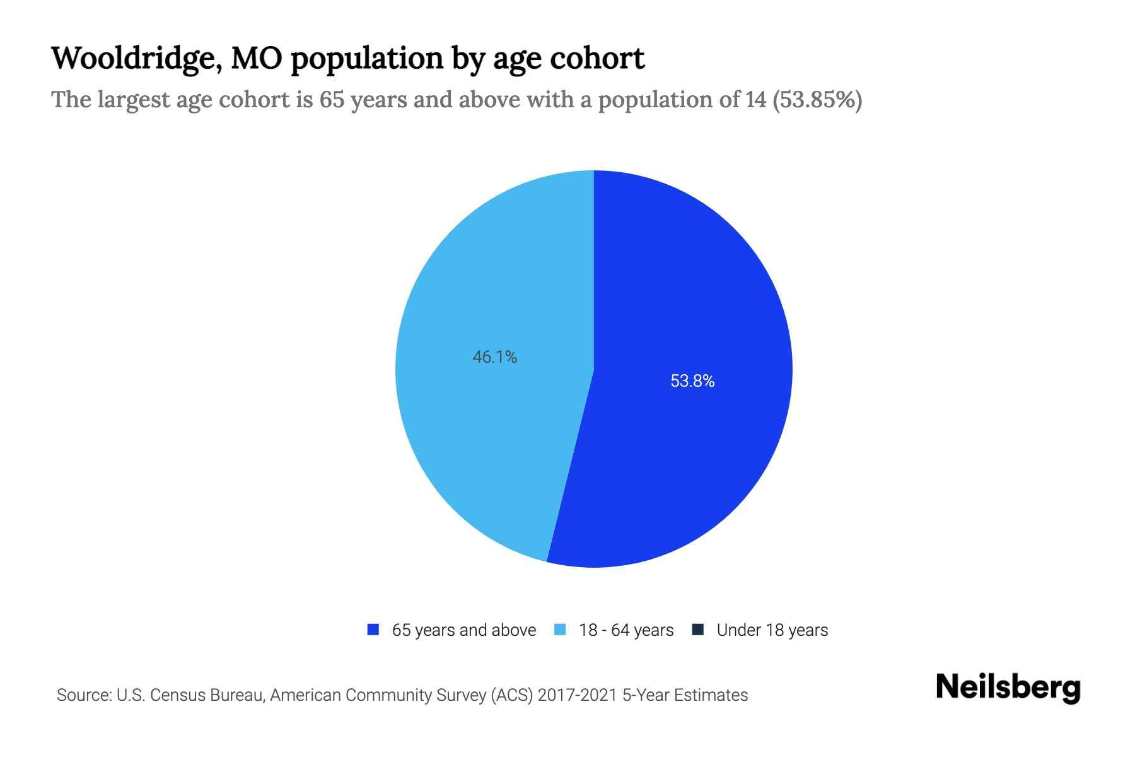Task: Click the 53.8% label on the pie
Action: point(692,381)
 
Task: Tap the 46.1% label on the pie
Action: point(495,357)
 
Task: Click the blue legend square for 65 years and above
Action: point(373,630)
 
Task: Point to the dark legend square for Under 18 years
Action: point(698,630)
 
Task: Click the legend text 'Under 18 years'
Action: point(772,630)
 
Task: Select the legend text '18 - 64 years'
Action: point(626,630)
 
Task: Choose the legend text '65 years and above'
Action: point(464,630)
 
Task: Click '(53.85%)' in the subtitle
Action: point(817,100)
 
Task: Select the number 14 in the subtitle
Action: point(755,100)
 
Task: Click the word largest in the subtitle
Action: point(132,100)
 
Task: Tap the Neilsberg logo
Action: point(1008,688)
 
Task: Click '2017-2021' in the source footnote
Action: point(577,695)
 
